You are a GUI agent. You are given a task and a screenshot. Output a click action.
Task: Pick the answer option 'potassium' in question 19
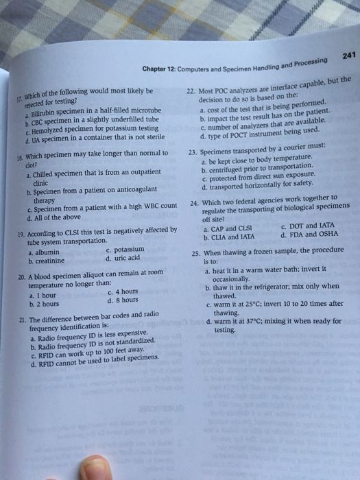point(126,250)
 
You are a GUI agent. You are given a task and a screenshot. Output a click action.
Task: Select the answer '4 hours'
point(126,291)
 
